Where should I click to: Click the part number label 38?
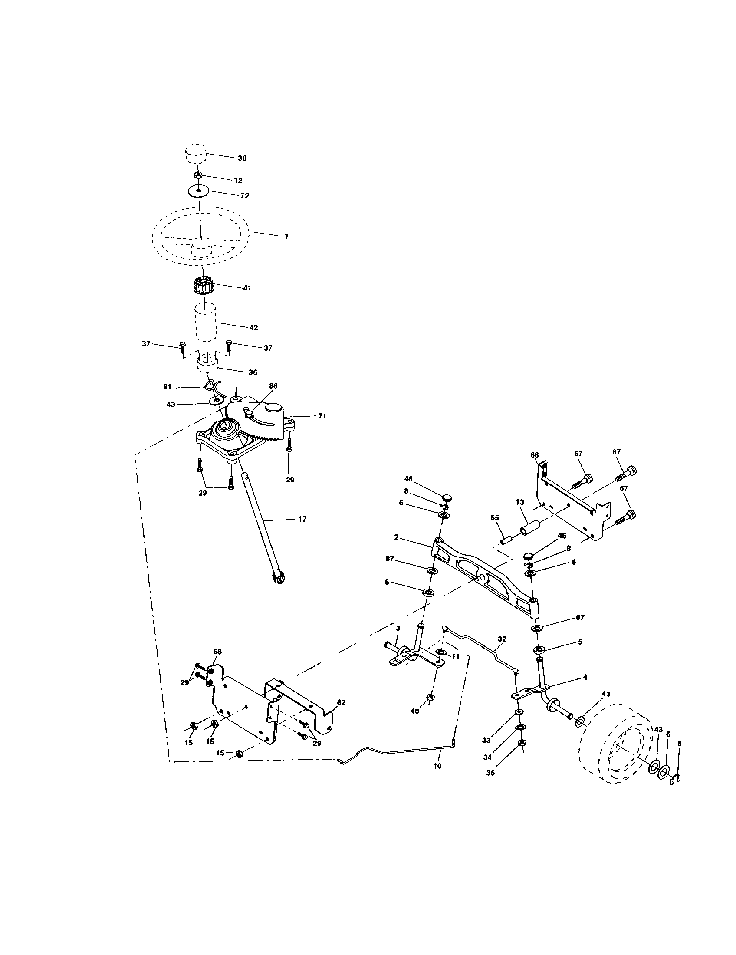click(x=242, y=158)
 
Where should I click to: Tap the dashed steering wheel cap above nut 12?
click(x=194, y=155)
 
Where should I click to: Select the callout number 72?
click(x=244, y=196)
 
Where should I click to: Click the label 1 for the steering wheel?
click(x=286, y=236)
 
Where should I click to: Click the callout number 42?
click(x=253, y=327)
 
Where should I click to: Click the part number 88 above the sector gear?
click(x=273, y=386)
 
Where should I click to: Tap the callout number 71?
click(x=322, y=416)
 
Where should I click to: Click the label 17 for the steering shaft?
click(x=302, y=519)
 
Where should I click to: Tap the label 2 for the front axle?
click(x=396, y=537)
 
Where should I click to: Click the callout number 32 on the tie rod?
click(x=501, y=639)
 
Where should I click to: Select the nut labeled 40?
click(x=430, y=698)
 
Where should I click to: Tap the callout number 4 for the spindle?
click(x=585, y=677)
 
